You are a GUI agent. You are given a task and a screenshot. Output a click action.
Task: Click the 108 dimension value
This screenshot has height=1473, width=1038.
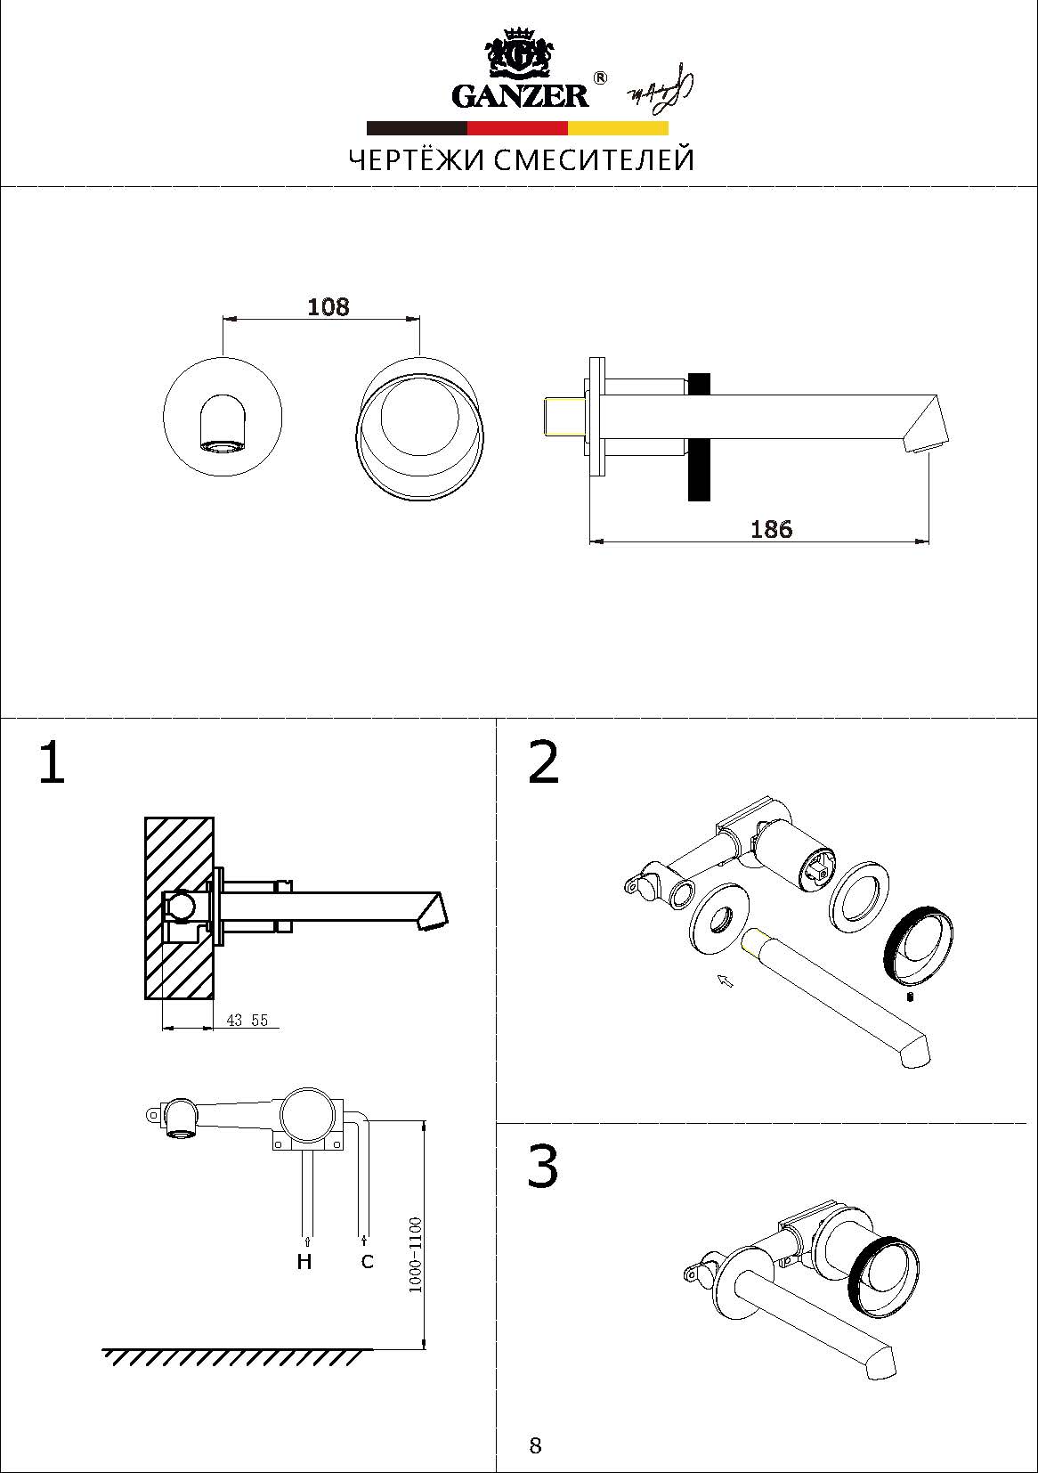click(328, 307)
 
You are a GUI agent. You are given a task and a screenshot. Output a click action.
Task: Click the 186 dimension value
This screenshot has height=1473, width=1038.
click(771, 529)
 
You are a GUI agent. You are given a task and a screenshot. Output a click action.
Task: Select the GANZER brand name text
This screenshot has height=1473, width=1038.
click(521, 95)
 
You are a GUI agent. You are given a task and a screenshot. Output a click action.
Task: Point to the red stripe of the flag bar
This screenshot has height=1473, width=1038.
click(517, 128)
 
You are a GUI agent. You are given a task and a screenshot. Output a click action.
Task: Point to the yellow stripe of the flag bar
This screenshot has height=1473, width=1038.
click(618, 128)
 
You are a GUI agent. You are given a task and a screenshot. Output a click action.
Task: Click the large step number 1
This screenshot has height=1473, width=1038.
click(52, 764)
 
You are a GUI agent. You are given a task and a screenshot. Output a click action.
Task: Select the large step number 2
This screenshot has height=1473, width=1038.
click(543, 763)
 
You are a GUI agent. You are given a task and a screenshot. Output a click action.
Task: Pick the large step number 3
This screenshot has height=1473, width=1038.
click(542, 1167)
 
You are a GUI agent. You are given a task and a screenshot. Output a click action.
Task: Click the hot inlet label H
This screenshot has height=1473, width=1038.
click(304, 1262)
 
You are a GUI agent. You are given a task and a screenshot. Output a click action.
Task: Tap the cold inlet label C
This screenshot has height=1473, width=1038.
click(367, 1262)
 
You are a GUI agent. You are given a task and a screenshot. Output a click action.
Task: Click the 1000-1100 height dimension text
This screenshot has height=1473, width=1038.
click(416, 1256)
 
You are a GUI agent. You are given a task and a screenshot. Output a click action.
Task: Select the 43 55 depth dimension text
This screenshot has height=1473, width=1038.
click(247, 1021)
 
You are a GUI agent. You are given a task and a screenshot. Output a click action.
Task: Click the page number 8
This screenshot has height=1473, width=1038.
click(535, 1445)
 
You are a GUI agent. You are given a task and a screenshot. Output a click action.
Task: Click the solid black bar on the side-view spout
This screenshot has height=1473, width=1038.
click(699, 436)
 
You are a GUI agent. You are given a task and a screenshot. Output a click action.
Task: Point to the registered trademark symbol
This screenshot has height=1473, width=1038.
click(600, 78)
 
